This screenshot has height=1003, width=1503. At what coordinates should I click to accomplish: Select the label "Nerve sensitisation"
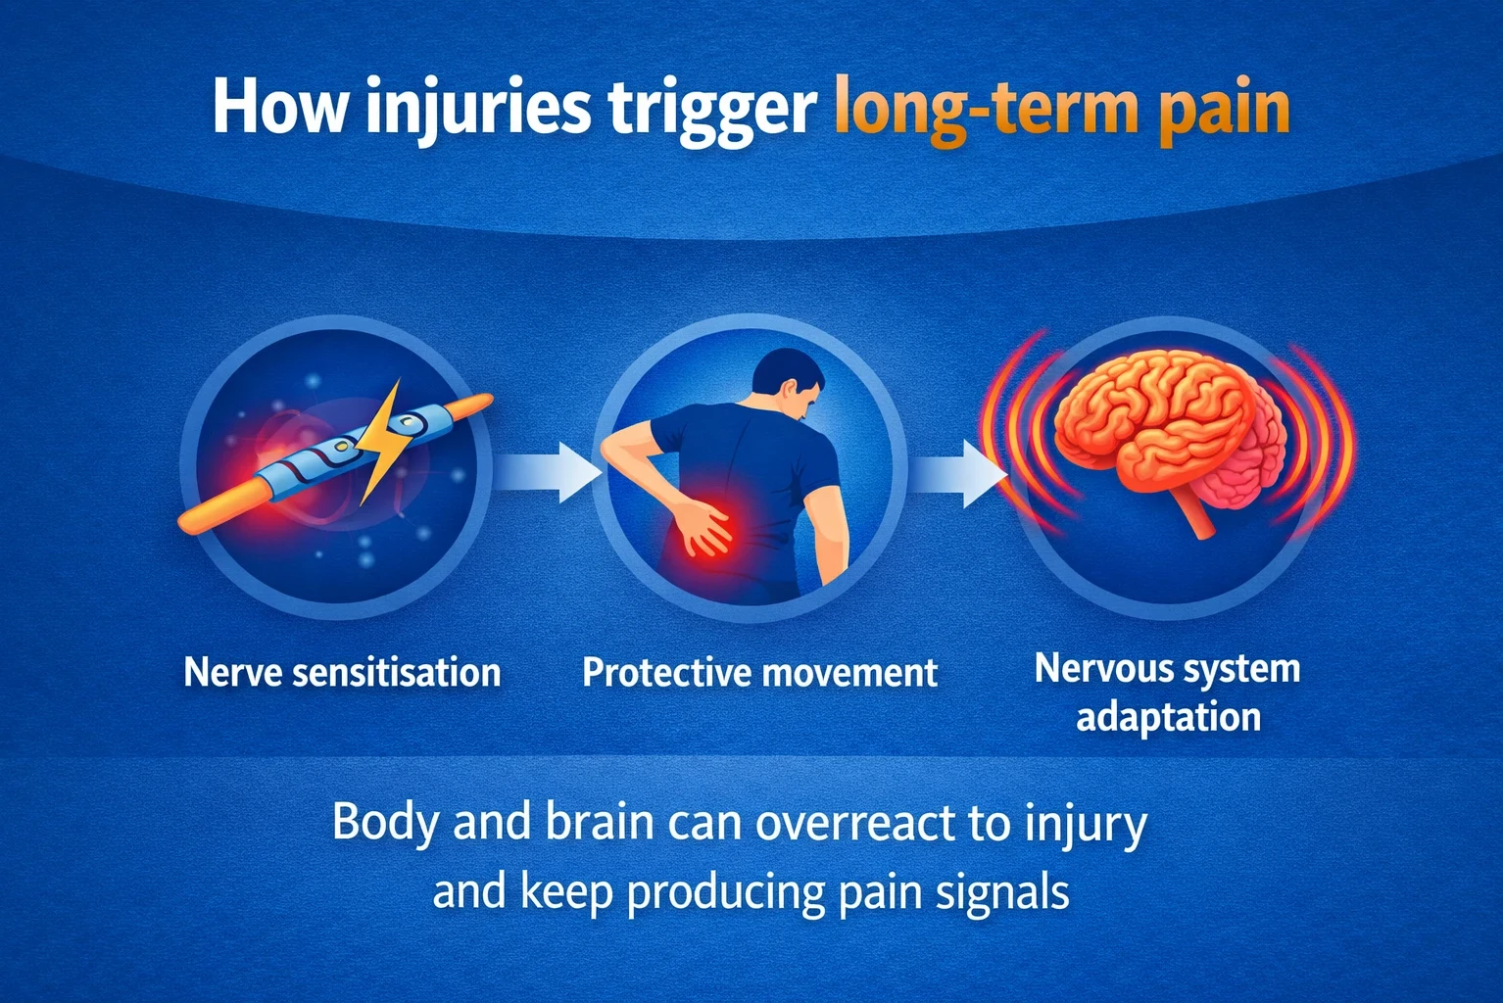point(342,673)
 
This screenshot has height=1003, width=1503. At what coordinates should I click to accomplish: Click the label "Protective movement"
point(759,673)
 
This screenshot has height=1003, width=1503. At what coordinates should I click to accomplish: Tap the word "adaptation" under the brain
point(1168,717)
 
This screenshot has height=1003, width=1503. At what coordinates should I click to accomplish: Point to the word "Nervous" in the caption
point(1096,669)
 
